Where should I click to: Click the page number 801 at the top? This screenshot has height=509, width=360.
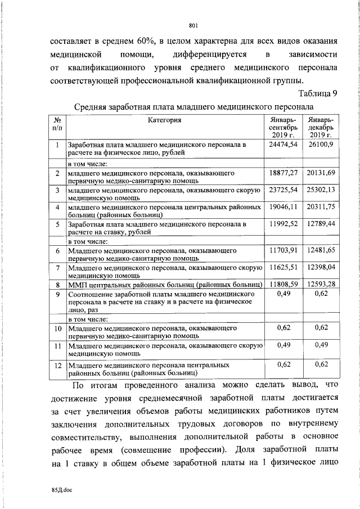pyautogui.click(x=194, y=25)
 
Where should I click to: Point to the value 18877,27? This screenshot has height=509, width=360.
pyautogui.click(x=283, y=172)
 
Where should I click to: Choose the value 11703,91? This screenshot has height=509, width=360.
pyautogui.click(x=283, y=250)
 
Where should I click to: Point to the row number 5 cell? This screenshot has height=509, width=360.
pyautogui.click(x=57, y=224)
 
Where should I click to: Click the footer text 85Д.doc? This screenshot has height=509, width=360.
pyautogui.click(x=57, y=490)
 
